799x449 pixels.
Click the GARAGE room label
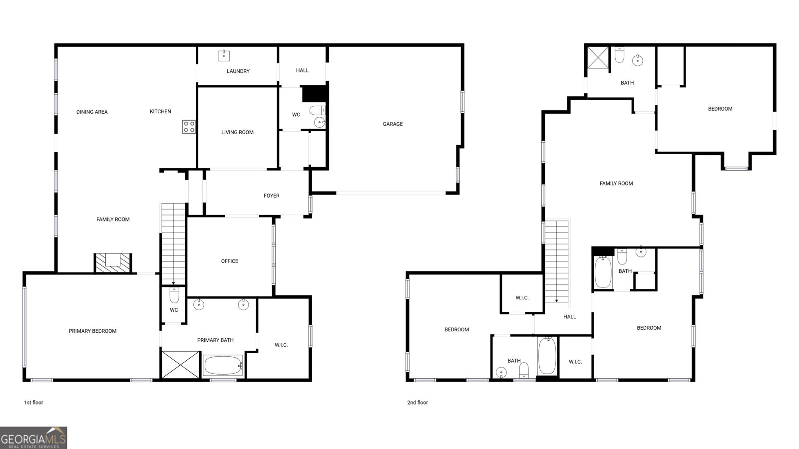[x=393, y=124]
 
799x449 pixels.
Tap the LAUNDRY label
[x=238, y=71]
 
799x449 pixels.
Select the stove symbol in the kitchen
[x=189, y=127]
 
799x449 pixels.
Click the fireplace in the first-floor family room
[x=113, y=262]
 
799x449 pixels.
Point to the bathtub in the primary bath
[x=223, y=365]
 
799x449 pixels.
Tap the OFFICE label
[x=230, y=261]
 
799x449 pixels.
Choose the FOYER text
[x=272, y=196]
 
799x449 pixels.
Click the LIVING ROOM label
[x=237, y=132]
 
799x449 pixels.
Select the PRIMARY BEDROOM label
[x=92, y=331]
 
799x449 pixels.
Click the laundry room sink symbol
[x=224, y=55]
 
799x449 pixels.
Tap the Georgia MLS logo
[x=33, y=438]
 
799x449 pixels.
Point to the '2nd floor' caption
[x=417, y=402]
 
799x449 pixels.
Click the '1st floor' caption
[x=33, y=402]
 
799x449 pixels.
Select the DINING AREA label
[x=92, y=112]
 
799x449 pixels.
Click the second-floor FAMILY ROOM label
[x=616, y=183]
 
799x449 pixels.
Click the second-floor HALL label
[x=570, y=316]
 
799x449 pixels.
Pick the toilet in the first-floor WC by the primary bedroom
[x=174, y=295]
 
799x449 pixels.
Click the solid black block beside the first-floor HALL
[x=314, y=94]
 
